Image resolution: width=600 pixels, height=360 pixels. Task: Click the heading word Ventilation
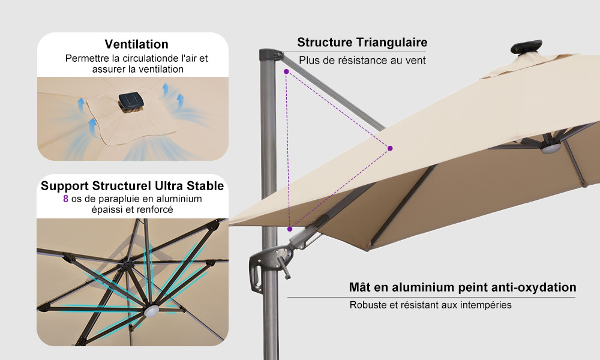137,44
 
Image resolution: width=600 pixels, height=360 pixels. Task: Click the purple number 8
66,199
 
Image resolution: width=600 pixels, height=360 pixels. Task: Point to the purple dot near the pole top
286,71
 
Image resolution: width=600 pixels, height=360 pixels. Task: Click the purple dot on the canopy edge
390,148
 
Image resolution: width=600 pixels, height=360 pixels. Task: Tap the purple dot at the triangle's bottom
290,229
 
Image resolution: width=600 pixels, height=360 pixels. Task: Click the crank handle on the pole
284,267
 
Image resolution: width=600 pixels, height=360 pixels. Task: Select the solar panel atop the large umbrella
527,47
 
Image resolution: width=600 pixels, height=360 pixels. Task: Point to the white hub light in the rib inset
152,310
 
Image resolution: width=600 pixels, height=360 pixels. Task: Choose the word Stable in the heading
205,186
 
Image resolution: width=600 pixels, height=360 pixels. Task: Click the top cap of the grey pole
271,54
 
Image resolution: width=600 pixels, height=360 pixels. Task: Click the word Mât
359,287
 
